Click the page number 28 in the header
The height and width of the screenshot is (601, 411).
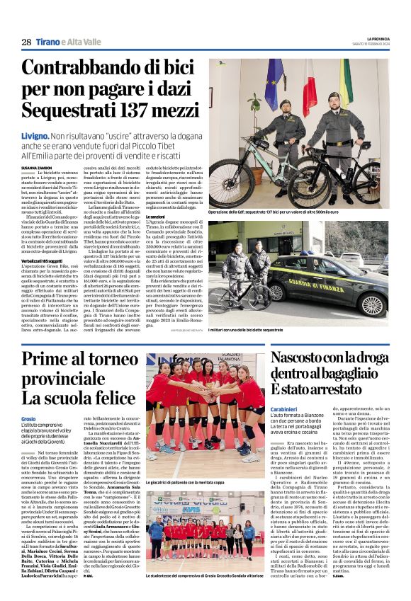coord(26,42)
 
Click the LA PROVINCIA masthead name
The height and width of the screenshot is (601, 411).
coord(372,39)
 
